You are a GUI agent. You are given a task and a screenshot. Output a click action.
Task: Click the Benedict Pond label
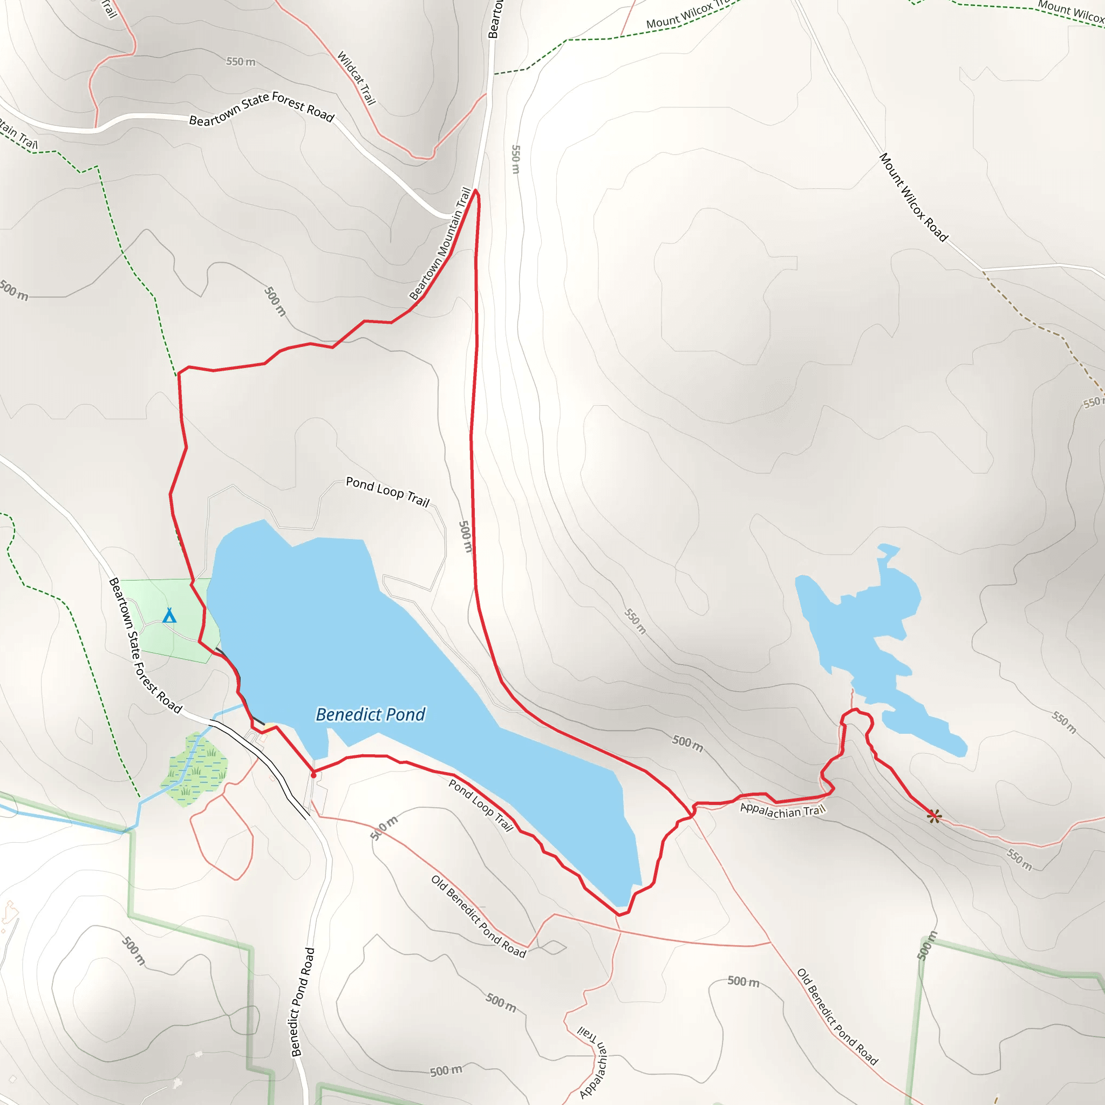pos(371,714)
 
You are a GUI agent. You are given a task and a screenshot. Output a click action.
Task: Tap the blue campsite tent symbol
pos(169,616)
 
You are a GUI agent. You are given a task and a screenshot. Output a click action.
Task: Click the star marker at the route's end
pos(933,816)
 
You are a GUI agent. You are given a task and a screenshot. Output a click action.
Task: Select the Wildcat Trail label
pos(356,78)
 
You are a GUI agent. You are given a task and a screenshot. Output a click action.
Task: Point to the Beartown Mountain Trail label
pos(441,244)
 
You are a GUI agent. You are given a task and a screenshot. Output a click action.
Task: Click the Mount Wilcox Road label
pos(913,197)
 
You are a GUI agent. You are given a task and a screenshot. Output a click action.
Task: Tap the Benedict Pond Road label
pos(303,1001)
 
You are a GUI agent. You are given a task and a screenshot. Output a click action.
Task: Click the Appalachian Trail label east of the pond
pos(782,810)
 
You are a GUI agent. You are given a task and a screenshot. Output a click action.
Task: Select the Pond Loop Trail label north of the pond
pos(388,492)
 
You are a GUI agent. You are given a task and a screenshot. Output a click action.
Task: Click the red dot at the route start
pos(313,775)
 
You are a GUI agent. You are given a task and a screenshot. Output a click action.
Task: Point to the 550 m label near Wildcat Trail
pos(241,61)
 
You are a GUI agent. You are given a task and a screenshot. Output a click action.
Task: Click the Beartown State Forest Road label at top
pos(261,108)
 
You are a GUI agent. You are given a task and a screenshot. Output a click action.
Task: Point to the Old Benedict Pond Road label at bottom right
pos(837,1017)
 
